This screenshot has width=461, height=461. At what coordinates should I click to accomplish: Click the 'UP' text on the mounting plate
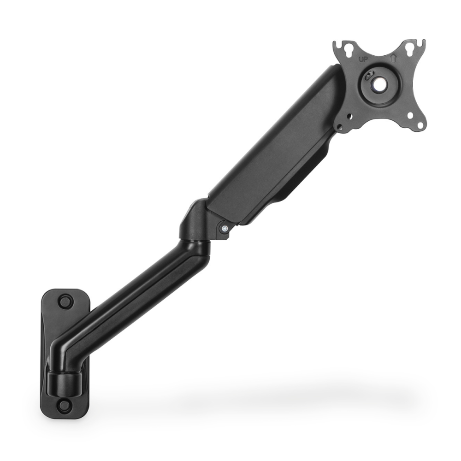pyautogui.click(x=363, y=59)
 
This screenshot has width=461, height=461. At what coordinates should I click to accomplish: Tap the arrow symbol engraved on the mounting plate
pyautogui.click(x=393, y=58)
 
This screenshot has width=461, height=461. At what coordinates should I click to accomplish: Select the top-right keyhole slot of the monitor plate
pyautogui.click(x=408, y=47)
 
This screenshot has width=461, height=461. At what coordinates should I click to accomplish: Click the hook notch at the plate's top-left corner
pyautogui.click(x=337, y=45)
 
